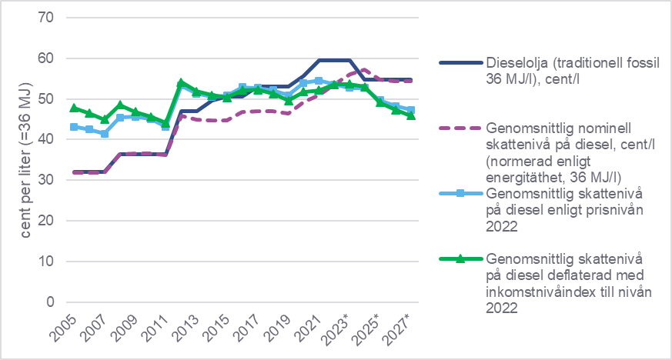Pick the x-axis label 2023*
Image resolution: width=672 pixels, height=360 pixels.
click(x=340, y=328)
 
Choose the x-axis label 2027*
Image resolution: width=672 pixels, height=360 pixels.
click(x=402, y=328)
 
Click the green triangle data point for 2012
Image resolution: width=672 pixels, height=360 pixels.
click(x=180, y=82)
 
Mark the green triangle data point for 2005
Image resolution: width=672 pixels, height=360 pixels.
click(x=74, y=108)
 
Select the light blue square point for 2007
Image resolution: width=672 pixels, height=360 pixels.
click(x=105, y=134)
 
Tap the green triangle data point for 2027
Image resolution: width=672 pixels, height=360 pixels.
click(x=410, y=115)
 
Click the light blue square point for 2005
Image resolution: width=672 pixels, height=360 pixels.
click(x=74, y=127)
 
